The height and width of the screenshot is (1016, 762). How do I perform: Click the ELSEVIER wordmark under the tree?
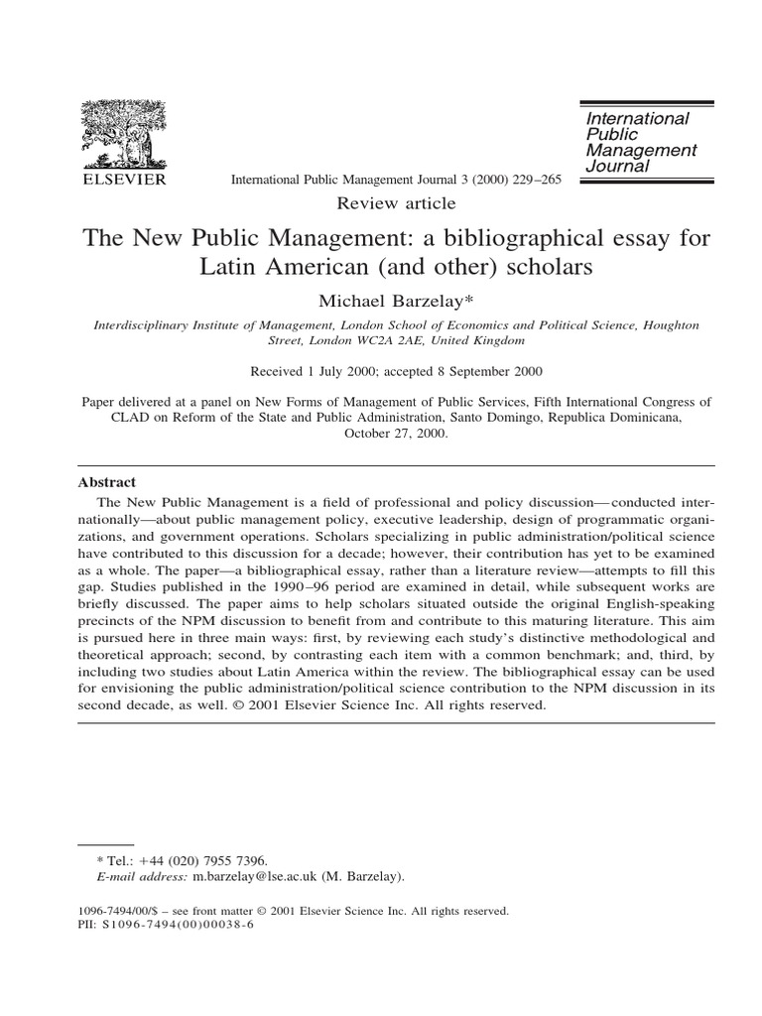click(123, 180)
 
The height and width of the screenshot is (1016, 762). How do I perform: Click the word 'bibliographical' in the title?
click(513, 239)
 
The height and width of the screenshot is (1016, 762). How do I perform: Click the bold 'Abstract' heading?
click(106, 482)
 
